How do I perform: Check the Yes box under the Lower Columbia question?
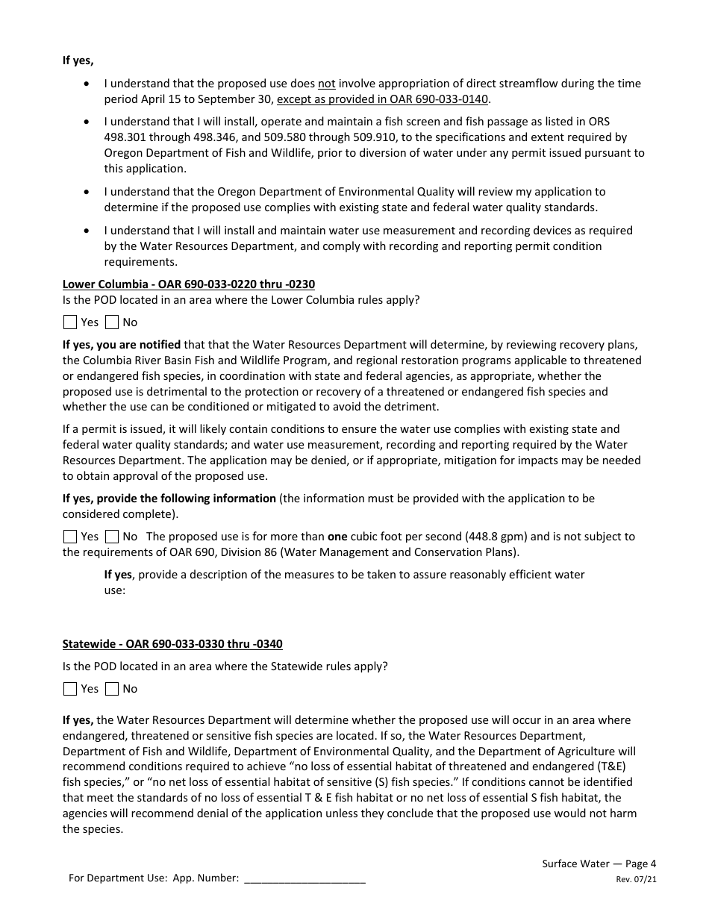click(70, 322)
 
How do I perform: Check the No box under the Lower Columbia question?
click(112, 322)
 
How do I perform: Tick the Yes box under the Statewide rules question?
click(70, 689)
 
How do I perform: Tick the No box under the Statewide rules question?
click(112, 689)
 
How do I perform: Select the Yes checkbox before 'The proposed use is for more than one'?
click(70, 537)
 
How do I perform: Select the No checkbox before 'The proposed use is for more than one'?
click(112, 537)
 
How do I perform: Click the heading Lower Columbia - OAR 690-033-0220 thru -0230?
click(193, 284)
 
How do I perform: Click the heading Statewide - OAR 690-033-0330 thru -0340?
click(172, 644)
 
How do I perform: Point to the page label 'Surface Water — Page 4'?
click(599, 864)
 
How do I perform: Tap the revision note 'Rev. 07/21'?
click(636, 880)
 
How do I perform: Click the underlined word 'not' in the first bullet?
click(326, 84)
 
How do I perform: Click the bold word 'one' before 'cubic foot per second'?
click(338, 537)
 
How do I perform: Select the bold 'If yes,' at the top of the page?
click(78, 60)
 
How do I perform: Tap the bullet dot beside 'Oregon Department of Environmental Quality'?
click(89, 192)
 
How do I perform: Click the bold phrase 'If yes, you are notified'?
click(122, 345)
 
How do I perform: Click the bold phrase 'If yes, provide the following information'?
click(169, 499)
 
